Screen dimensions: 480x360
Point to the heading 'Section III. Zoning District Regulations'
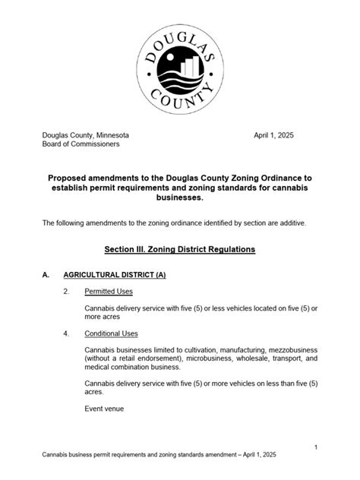click(x=179, y=249)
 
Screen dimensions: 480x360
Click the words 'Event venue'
click(x=105, y=409)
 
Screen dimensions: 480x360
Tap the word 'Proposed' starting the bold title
click(x=72, y=178)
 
